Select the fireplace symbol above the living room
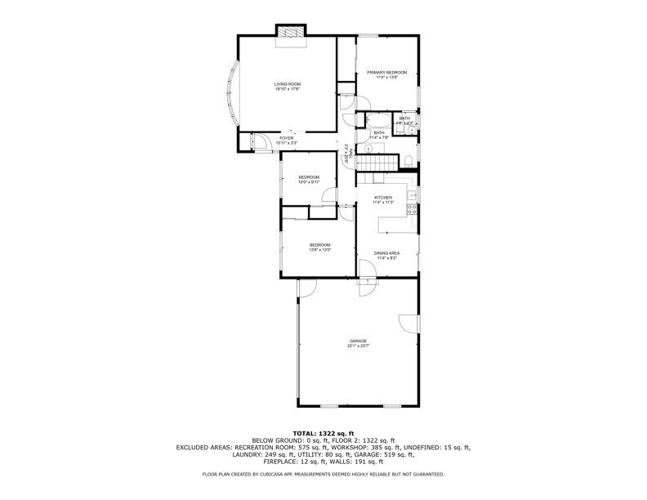pos(290,33)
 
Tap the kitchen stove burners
pos(413,211)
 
